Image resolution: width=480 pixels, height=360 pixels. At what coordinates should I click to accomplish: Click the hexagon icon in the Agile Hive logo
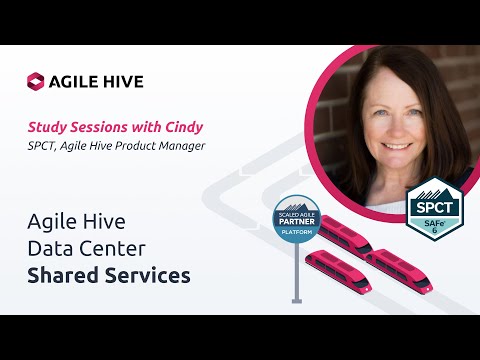point(36,82)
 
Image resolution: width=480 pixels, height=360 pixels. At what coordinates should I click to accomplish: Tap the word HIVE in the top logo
point(125,82)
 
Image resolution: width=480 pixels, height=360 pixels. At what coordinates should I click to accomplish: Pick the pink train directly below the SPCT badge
point(400,268)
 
